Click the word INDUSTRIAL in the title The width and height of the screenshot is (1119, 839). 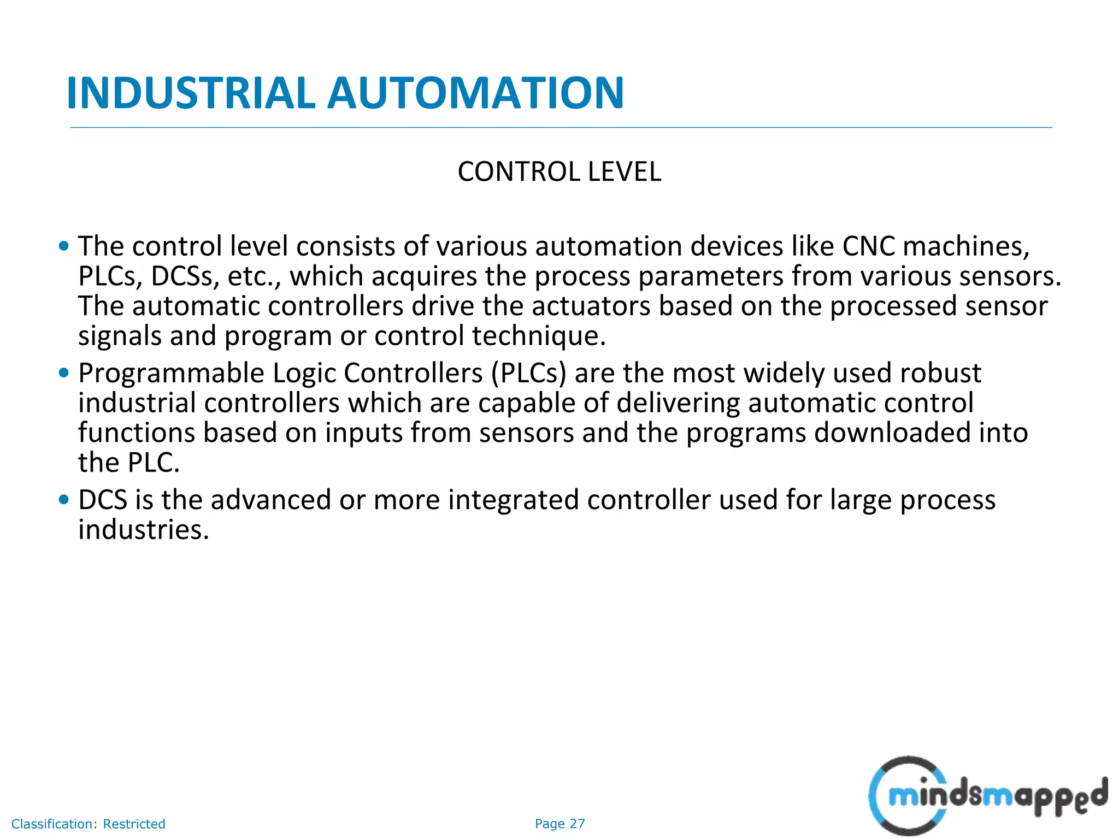[x=191, y=93]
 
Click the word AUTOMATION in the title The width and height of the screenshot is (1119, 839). [x=475, y=93]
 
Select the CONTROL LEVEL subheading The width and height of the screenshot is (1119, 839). [x=559, y=172]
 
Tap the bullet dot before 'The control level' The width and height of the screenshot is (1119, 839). [x=64, y=246]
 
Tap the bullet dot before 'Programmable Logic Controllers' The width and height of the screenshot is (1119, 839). [x=64, y=373]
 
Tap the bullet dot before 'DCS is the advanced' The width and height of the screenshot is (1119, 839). [x=64, y=500]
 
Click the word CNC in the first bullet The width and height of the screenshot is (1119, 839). [x=869, y=246]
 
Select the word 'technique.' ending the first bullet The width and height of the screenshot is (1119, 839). [x=539, y=336]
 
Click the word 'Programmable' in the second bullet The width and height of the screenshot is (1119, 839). [x=171, y=374]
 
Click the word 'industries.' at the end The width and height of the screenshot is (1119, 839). [x=144, y=530]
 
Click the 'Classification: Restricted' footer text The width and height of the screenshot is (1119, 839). [x=88, y=824]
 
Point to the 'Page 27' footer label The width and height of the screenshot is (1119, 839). [x=559, y=824]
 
